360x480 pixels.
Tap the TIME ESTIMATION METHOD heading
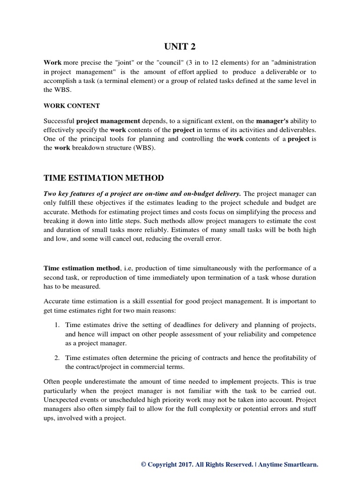(104, 178)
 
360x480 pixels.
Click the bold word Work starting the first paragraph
(53, 62)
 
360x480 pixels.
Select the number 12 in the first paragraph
(208, 62)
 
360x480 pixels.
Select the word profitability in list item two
(287, 358)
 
